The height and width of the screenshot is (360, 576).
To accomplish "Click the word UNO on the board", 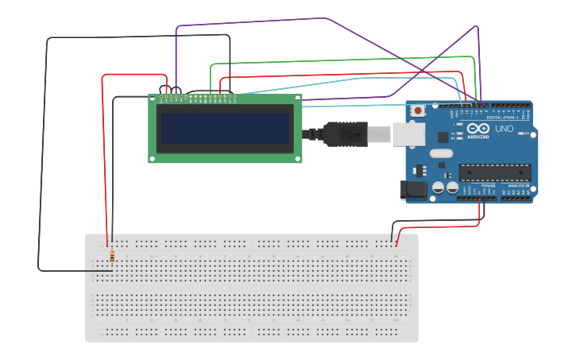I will click(x=504, y=129).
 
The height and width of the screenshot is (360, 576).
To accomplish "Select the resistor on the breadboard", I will click(x=111, y=257).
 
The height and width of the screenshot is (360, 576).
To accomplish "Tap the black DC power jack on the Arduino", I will click(x=414, y=190).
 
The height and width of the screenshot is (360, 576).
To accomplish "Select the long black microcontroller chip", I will click(x=495, y=172).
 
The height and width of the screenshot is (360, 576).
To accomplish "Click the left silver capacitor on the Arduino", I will click(x=438, y=188).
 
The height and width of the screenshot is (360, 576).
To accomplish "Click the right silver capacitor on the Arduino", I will click(x=452, y=188).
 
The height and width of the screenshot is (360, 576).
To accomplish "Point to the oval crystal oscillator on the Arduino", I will click(x=442, y=153).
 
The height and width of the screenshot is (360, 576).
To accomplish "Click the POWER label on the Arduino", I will click(x=488, y=185).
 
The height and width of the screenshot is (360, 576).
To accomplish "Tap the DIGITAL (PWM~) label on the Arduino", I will click(x=501, y=118).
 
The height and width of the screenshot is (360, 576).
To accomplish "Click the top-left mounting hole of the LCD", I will click(x=153, y=99).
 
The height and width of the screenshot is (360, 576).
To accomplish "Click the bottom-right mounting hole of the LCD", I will click(x=298, y=158).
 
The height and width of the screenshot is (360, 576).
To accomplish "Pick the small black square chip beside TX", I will click(x=443, y=137).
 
